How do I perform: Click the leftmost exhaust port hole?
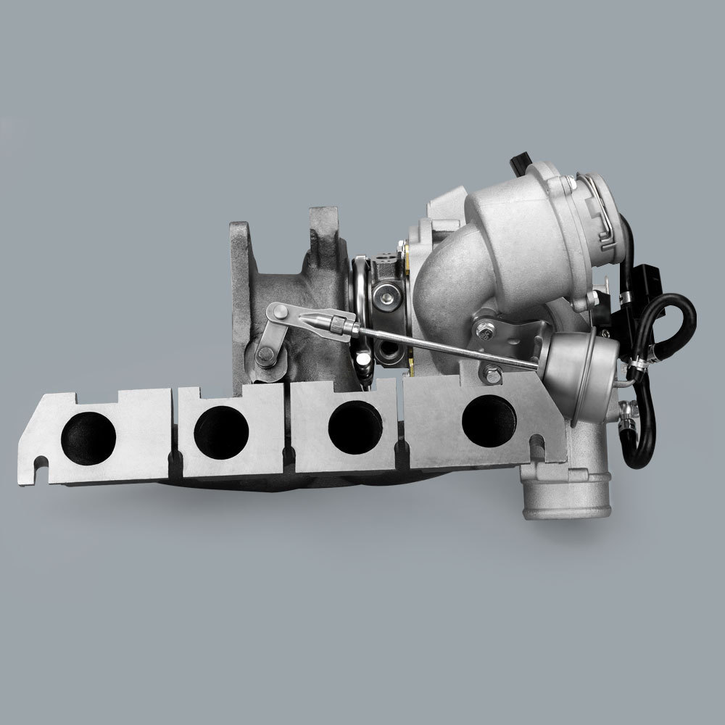pyautogui.click(x=88, y=434)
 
